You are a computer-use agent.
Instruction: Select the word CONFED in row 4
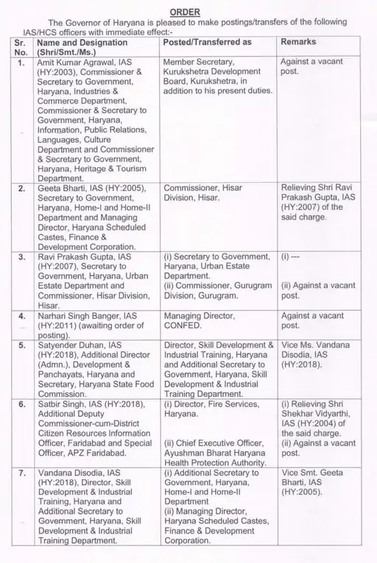[x=183, y=325]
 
